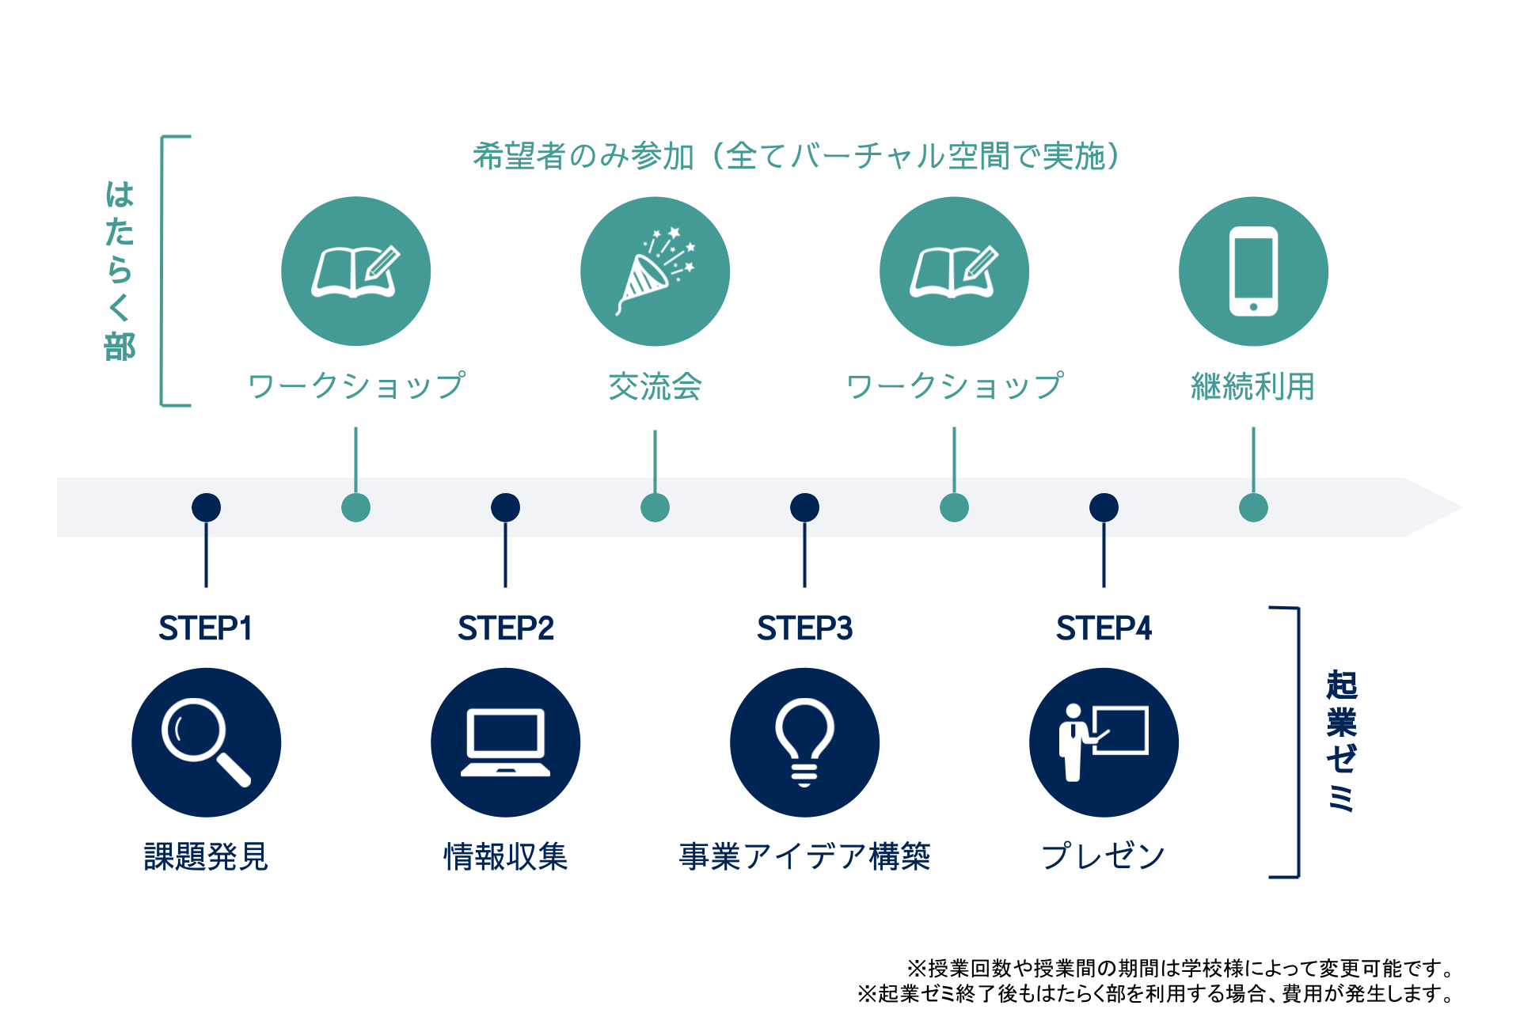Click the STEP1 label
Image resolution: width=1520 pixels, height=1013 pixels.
coord(206,628)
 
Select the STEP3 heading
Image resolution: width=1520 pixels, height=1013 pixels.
coord(804,628)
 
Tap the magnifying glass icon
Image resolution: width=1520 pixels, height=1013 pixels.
coord(206,742)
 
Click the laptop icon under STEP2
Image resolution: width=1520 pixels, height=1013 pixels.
coord(505,742)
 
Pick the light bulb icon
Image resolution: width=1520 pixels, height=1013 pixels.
coord(804,742)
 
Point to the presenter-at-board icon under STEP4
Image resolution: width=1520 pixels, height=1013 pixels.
coord(1104,742)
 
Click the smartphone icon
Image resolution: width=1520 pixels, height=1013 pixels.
coord(1253,271)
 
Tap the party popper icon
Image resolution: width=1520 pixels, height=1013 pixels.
coord(655,271)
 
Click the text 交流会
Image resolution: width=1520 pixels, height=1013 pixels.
coord(655,387)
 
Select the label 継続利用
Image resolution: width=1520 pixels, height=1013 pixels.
coord(1253,387)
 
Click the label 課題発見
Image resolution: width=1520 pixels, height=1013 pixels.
coord(206,856)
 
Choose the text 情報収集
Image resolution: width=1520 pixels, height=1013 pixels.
coord(505,856)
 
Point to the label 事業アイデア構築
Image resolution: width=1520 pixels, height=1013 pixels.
coord(804,856)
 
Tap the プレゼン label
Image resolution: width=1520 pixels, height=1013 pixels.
coord(1104,856)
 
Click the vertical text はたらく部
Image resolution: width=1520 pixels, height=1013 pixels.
coord(120,271)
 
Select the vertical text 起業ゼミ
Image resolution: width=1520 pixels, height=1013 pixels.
coord(1341,742)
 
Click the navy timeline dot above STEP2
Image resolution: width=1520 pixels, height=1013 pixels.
coord(505,507)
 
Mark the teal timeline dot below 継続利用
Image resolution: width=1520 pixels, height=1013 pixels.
coord(1253,507)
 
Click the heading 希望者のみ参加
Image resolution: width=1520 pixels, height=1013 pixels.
coord(583,157)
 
